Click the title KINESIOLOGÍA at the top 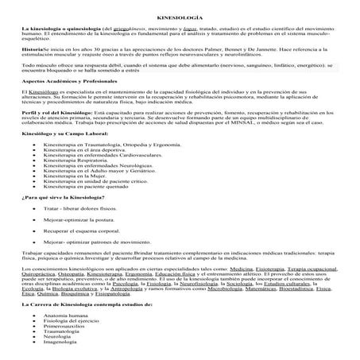179,15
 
